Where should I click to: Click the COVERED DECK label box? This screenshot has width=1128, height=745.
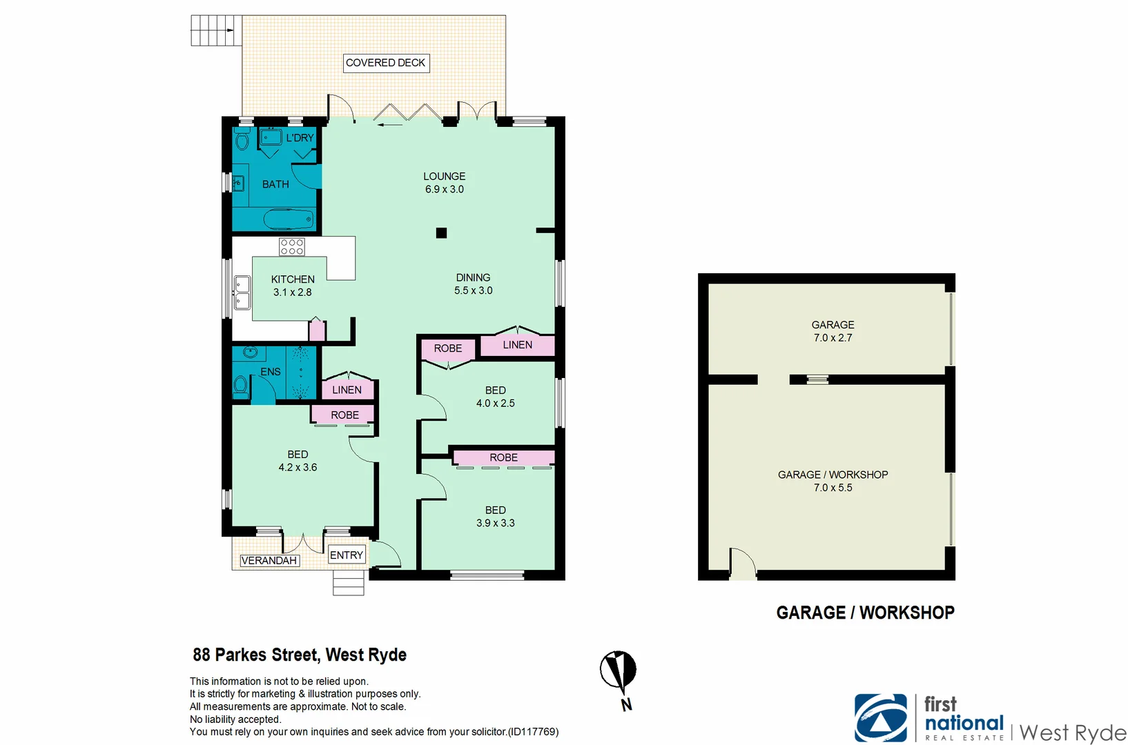386,63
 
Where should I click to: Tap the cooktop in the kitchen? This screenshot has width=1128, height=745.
292,247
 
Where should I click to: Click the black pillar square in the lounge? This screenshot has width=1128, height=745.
442,233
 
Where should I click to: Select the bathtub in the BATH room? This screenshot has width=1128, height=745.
289,220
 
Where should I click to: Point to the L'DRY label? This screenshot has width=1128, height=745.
300,138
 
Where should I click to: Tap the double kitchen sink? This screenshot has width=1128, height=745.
242,292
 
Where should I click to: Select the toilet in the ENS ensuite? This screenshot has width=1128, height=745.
240,384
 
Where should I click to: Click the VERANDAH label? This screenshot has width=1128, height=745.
269,560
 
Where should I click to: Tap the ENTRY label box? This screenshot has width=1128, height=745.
347,555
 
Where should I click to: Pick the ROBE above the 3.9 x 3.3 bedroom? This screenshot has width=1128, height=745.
503,457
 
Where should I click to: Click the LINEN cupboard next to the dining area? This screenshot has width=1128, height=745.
517,345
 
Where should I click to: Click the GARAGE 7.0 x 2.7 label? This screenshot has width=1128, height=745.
833,331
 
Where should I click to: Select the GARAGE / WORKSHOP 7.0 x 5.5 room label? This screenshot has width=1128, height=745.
833,481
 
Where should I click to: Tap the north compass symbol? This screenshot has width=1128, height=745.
619,672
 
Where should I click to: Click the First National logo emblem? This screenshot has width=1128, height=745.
880,718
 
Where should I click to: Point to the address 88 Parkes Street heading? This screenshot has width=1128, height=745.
300,655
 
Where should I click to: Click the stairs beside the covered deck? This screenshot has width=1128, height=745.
216,30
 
